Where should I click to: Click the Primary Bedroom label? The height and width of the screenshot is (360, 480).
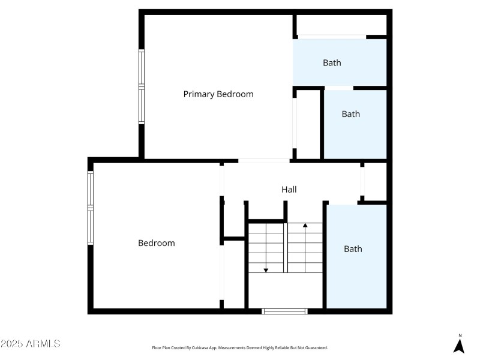[218, 94]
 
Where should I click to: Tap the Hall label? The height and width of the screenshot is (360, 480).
[289, 190]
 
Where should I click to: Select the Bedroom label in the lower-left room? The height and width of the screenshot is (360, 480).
[156, 243]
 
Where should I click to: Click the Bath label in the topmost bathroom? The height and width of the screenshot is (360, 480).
[332, 63]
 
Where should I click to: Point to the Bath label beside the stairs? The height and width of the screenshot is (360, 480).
[353, 248]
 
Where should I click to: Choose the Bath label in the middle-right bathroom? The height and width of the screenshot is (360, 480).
[350, 114]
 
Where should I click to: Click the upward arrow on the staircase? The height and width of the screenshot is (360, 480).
[305, 226]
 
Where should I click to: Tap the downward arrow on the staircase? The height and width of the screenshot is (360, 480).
[266, 269]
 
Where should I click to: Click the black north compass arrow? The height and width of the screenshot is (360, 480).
[459, 346]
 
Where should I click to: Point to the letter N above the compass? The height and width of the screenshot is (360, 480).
[460, 335]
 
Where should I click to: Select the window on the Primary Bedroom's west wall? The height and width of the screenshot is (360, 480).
[142, 87]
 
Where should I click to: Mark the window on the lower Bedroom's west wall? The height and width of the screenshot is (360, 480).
[91, 208]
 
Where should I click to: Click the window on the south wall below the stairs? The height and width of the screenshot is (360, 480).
[285, 311]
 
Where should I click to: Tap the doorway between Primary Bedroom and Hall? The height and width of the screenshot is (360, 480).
[264, 161]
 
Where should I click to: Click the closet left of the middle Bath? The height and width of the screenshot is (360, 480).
[308, 124]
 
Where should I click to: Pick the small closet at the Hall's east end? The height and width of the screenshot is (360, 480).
[375, 181]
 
